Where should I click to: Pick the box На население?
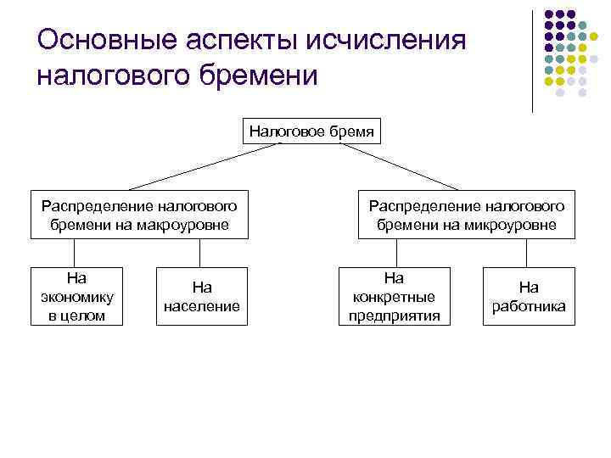(x=202, y=296)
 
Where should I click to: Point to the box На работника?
(x=529, y=296)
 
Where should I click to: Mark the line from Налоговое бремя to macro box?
(x=204, y=165)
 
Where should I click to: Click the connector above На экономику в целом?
(x=75, y=253)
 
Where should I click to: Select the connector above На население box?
(x=200, y=253)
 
